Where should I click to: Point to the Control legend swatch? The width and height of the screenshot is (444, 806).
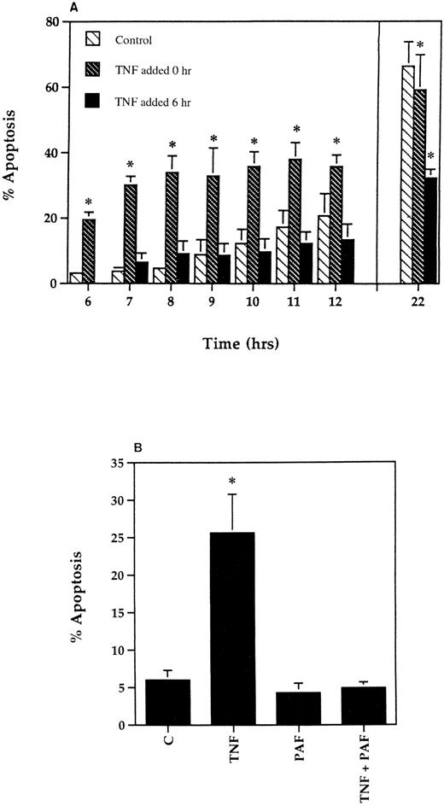pos(96,39)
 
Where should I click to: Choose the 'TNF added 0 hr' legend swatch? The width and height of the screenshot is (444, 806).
pos(96,70)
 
